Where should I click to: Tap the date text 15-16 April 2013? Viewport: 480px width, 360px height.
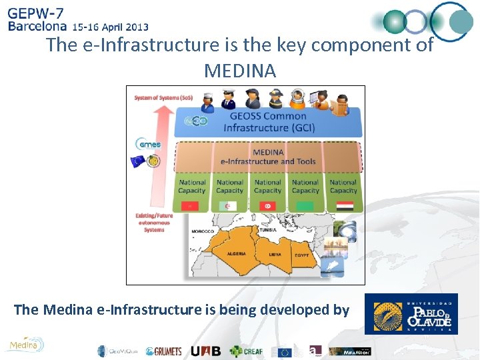point(110,27)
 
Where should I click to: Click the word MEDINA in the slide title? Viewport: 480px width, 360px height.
point(240,70)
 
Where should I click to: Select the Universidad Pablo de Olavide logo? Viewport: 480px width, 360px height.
point(411,313)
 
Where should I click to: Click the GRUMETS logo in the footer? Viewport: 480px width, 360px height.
point(164,351)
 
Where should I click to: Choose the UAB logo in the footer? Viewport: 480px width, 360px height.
point(205,351)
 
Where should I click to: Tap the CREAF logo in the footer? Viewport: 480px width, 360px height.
point(247,351)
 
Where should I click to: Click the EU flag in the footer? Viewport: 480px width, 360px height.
point(285,351)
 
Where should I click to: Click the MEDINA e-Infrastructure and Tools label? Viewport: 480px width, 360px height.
point(269,157)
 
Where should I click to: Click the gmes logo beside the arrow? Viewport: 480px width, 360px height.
point(148,144)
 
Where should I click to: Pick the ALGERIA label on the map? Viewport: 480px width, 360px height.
point(236,253)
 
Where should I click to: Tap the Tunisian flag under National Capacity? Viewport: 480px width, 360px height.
point(268,206)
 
